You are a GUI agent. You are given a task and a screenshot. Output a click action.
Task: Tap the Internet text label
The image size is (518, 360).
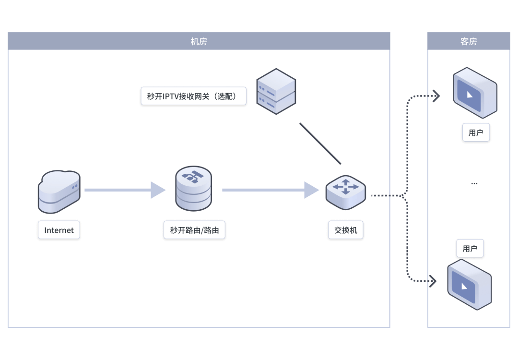tap(59, 230)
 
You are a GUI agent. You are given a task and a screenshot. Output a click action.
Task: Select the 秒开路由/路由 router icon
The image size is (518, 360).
tap(193, 189)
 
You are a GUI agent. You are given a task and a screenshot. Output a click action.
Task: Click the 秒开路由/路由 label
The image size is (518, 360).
tap(194, 230)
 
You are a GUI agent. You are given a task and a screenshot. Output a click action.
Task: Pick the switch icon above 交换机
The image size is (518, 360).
tap(345, 192)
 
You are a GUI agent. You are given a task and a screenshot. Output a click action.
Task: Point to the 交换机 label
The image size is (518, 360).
tap(346, 230)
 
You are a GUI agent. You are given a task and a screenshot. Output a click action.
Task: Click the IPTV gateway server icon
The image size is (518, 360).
tap(276, 91)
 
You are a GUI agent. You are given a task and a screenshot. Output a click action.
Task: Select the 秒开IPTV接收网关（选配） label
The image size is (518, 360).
tap(193, 96)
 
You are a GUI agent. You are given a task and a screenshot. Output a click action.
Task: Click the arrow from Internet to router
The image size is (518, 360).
tap(125, 190)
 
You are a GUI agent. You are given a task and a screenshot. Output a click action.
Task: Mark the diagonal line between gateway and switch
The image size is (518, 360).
tap(320, 143)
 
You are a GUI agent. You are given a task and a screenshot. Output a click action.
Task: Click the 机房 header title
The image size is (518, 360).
tap(199, 41)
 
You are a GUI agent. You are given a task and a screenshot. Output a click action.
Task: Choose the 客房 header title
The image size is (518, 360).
tap(469, 41)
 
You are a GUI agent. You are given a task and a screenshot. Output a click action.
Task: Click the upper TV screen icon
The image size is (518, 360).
tap(475, 93)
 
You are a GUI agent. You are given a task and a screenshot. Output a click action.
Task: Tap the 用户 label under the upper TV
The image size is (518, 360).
tap(476, 132)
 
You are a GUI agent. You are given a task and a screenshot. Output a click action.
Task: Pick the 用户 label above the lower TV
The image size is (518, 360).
tap(470, 249)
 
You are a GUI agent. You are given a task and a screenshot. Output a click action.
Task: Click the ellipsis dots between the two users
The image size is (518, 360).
tap(474, 183)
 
